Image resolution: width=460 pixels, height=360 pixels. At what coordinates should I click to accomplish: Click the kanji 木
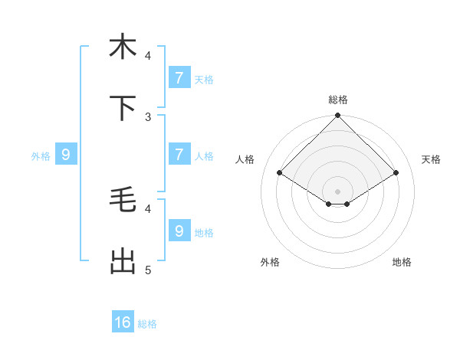coord(123,47)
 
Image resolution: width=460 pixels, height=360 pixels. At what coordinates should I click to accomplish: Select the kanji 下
coord(123,109)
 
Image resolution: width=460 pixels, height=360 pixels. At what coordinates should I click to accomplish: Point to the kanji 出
coord(123,262)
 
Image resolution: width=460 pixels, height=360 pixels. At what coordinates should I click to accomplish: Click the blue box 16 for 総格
coord(123,322)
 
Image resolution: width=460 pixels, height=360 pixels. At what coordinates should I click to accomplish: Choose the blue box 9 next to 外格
coord(66,155)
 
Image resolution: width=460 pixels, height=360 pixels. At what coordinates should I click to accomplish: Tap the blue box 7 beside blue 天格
coord(179,77)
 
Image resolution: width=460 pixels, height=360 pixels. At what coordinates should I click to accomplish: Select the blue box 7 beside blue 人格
coord(179,155)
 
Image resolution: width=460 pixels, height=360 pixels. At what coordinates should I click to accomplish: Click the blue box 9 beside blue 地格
coord(179,231)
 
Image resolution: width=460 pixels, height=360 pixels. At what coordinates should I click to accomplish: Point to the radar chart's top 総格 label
coord(338,100)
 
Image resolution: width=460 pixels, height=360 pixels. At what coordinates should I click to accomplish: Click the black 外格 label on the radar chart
coord(270,263)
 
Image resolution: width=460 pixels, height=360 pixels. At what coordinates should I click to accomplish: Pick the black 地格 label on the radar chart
coord(402,263)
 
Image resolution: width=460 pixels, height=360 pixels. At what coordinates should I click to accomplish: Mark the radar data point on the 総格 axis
coord(338,116)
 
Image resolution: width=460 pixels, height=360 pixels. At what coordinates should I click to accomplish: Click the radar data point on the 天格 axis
coord(396,173)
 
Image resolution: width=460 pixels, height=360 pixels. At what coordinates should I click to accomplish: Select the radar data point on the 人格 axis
coord(280,173)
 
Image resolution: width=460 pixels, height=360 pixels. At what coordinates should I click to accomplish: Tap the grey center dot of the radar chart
coord(338,191)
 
